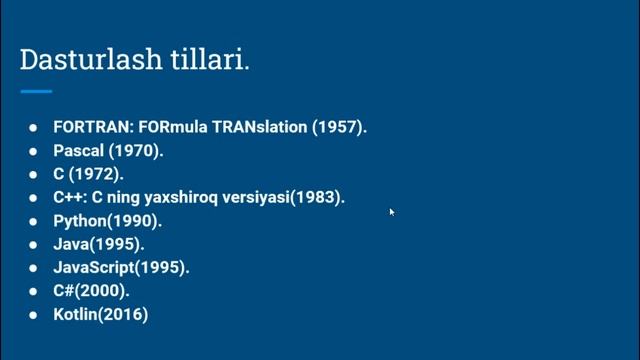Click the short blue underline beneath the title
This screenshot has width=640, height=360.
[36, 91]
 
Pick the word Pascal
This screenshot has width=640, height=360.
[78, 151]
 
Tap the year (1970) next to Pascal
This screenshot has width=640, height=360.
[135, 151]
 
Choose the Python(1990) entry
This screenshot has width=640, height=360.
[107, 221]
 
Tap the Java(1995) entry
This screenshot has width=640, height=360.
[98, 244]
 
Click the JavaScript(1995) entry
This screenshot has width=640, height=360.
[121, 268]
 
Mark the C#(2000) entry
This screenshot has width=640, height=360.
[91, 291]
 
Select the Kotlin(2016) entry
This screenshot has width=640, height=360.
[101, 314]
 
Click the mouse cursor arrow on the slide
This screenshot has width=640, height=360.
[391, 211]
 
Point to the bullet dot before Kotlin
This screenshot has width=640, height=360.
[33, 314]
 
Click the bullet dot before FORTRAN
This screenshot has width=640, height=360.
[33, 128]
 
